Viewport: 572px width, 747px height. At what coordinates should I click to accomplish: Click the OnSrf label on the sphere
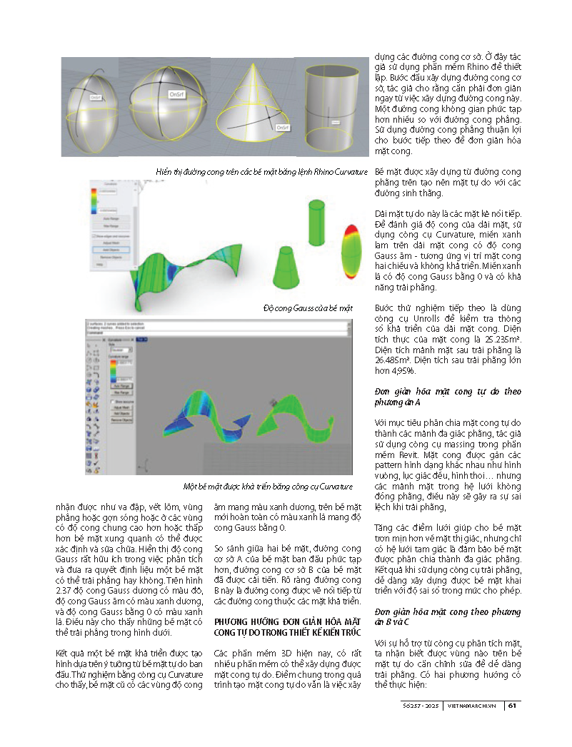pos(177,93)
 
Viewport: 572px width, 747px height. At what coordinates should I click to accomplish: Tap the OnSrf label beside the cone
pos(282,127)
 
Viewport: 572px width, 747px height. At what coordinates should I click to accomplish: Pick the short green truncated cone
pos(289,268)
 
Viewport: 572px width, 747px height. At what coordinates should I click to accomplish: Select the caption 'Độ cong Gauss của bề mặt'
pos(308,308)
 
